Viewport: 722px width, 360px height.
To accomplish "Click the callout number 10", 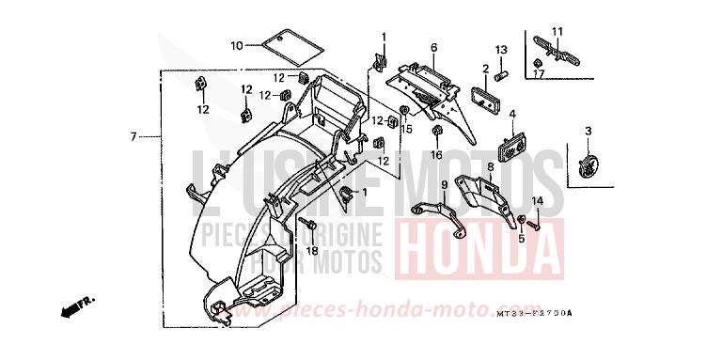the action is (237, 45).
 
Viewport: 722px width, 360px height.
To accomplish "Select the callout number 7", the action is (134, 137).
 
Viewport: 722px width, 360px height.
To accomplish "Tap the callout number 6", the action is (434, 47).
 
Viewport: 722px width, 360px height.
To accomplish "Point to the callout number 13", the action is (501, 49).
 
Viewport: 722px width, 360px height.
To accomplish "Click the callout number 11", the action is (557, 31).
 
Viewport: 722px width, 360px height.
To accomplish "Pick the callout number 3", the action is (588, 131).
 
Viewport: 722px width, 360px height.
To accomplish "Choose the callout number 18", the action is (312, 251).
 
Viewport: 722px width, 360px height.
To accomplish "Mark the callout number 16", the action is (436, 154).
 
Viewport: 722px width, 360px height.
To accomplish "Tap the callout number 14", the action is (538, 201).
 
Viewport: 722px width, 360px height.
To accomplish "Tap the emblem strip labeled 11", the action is (557, 49).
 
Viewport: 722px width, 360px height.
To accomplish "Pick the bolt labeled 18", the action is (308, 226).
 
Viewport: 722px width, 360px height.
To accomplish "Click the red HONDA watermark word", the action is (479, 245).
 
